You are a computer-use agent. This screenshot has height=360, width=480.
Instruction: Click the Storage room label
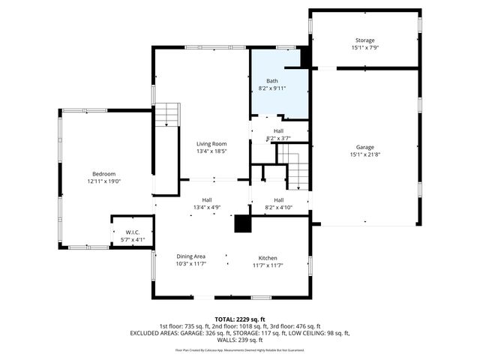click(364, 40)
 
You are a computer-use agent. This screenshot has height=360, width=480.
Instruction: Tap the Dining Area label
click(190, 256)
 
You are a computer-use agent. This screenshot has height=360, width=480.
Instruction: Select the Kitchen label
click(268, 256)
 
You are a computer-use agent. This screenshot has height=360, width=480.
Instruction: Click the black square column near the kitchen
click(242, 224)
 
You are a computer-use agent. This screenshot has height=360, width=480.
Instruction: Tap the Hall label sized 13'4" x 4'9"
click(206, 199)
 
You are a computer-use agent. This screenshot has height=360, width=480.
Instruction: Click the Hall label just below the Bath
click(278, 130)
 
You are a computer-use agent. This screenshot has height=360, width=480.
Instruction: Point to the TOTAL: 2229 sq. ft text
click(239, 318)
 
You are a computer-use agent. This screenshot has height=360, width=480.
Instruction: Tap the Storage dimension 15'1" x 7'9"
click(364, 48)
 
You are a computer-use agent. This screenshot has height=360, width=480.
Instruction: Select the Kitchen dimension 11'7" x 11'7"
click(268, 264)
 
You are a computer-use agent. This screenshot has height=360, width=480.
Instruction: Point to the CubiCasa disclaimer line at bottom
click(239, 349)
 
